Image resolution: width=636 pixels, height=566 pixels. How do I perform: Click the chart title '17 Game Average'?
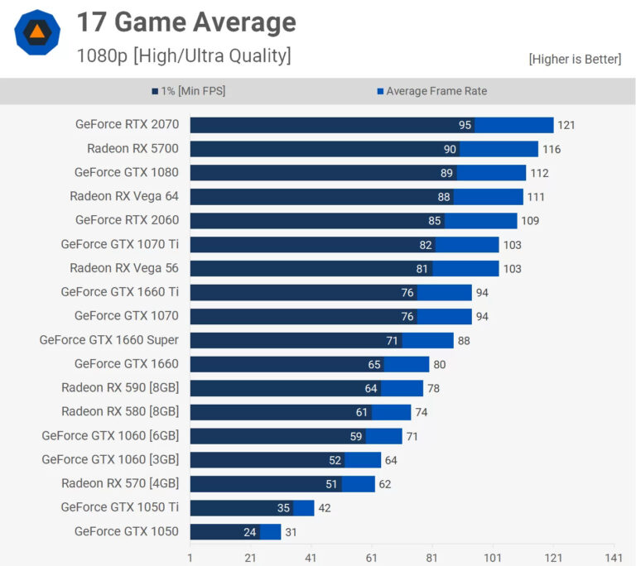tap(186, 22)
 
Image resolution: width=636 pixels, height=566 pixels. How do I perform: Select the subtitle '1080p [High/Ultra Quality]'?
tap(183, 55)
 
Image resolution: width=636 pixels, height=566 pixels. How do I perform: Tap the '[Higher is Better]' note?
tap(575, 59)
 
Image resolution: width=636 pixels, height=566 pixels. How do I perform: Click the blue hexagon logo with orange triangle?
tap(37, 32)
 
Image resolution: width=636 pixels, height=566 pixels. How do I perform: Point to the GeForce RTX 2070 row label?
tap(127, 125)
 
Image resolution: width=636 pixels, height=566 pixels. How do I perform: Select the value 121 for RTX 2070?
tap(566, 125)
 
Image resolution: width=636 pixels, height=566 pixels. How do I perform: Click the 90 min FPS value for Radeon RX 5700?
tap(450, 149)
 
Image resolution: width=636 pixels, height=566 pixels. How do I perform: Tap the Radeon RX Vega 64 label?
tap(124, 196)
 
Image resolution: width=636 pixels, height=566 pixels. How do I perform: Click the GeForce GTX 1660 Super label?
tap(109, 340)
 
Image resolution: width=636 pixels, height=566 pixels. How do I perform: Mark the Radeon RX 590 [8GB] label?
tap(120, 387)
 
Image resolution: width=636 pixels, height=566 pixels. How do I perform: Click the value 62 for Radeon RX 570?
tap(384, 483)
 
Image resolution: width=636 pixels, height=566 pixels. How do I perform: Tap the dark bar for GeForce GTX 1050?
tap(224, 531)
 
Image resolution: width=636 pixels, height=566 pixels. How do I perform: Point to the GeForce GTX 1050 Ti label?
tap(120, 507)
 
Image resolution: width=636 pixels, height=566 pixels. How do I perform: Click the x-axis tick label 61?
tap(372, 558)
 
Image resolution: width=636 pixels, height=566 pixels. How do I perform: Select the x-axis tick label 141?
tap(614, 558)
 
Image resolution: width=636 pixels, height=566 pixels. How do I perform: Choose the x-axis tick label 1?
tap(190, 558)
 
